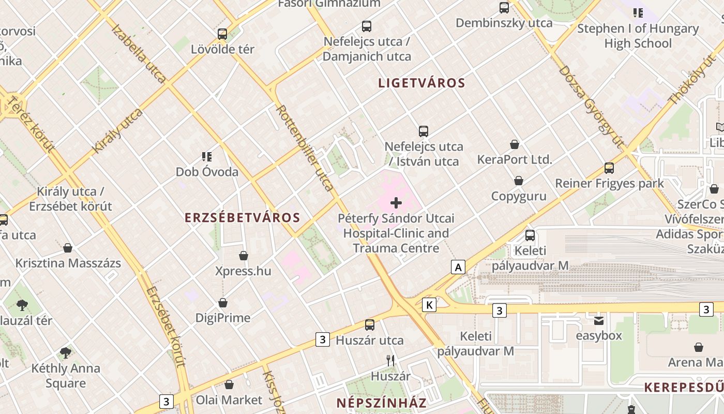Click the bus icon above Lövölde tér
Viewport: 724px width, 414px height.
click(222, 34)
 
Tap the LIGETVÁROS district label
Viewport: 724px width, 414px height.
click(421, 83)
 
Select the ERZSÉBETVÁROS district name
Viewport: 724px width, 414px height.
click(243, 218)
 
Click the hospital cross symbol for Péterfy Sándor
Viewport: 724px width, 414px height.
click(396, 203)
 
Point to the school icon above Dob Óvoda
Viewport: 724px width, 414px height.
click(207, 156)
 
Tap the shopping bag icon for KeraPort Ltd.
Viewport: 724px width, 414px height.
click(515, 144)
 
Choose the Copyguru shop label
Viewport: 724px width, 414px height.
click(519, 196)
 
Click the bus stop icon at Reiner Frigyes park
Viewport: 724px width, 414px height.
click(609, 168)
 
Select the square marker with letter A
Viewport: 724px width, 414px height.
click(458, 267)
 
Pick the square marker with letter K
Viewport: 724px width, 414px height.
click(429, 305)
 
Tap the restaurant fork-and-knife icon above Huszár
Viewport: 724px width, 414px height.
click(391, 361)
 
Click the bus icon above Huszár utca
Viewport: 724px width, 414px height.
click(370, 325)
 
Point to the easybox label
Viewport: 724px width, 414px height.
click(599, 335)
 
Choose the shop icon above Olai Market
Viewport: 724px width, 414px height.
click(229, 385)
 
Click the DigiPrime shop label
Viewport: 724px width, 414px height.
click(223, 318)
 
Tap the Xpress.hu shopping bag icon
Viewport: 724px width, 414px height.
click(244, 256)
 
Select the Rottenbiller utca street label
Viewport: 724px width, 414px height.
click(305, 147)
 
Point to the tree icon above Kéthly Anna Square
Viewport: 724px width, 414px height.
click(65, 353)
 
